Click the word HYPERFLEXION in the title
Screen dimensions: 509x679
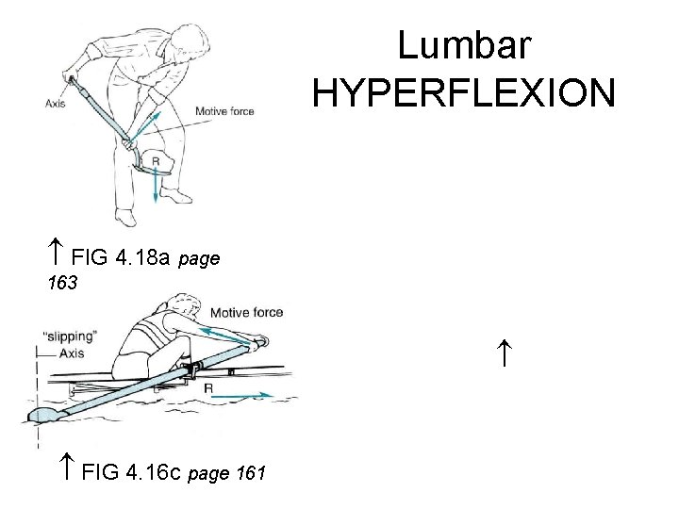463,92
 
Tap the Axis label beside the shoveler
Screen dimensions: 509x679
54,104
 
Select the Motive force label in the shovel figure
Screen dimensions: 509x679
224,111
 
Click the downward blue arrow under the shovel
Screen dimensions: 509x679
156,189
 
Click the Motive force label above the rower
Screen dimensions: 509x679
247,312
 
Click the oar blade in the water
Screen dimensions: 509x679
47,415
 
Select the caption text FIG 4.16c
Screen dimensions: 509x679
133,471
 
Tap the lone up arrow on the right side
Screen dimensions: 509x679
505,357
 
